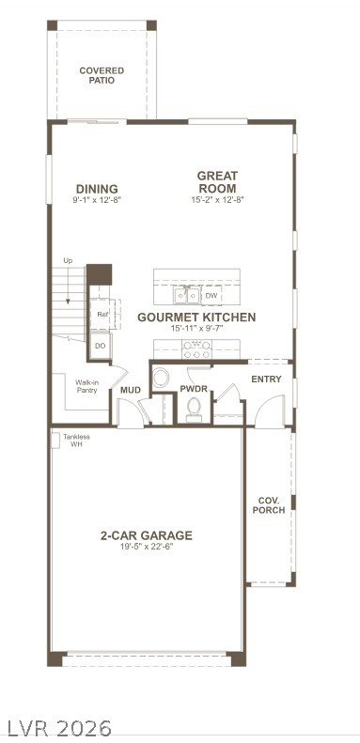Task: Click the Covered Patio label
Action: pyautogui.click(x=102, y=75)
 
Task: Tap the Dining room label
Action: pyautogui.click(x=98, y=188)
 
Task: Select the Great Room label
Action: pyautogui.click(x=217, y=181)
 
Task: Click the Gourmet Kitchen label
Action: pyautogui.click(x=196, y=317)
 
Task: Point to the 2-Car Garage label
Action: pyautogui.click(x=147, y=535)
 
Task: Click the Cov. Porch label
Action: pyautogui.click(x=269, y=504)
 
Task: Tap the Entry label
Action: pyautogui.click(x=266, y=379)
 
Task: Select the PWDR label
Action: pyautogui.click(x=194, y=388)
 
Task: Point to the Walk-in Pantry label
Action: pyautogui.click(x=86, y=386)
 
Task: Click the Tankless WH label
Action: pyautogui.click(x=77, y=440)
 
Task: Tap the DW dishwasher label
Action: pyautogui.click(x=211, y=295)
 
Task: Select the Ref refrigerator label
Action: pyautogui.click(x=102, y=314)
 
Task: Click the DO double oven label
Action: pyautogui.click(x=101, y=346)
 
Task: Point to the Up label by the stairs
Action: pyautogui.click(x=68, y=260)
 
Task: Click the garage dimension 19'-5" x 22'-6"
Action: pyautogui.click(x=147, y=547)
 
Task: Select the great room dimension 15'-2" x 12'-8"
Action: pyautogui.click(x=217, y=199)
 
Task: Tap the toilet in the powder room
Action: pyautogui.click(x=195, y=408)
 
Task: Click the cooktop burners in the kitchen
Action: pyautogui.click(x=196, y=349)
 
